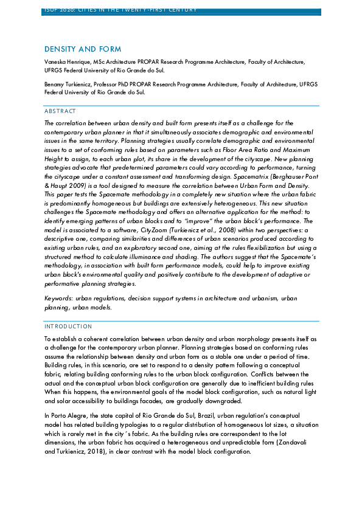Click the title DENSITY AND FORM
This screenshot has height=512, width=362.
[83, 49]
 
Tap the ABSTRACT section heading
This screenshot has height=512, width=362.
[60, 111]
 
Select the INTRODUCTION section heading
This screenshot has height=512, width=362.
[68, 327]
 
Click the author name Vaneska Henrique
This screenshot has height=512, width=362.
[68, 62]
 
